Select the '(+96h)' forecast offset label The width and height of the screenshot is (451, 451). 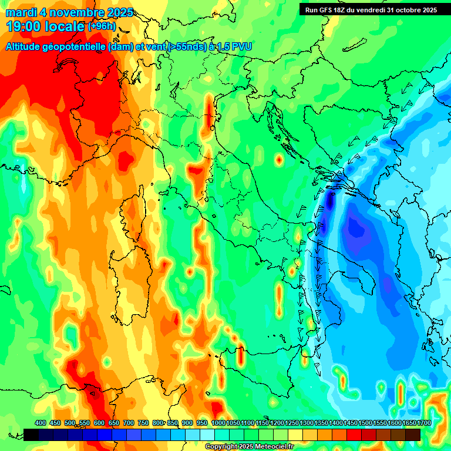(102, 26)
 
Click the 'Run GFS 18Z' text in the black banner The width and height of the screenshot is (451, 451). (331, 10)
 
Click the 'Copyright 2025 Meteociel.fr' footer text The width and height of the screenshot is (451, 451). (249, 446)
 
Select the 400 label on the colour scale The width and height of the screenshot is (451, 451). (41, 423)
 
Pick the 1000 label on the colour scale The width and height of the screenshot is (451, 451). (218, 423)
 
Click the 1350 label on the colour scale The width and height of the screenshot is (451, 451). (321, 423)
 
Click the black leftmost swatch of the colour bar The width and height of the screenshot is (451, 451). (32, 435)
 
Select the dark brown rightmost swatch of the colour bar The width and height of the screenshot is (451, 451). (413, 435)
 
